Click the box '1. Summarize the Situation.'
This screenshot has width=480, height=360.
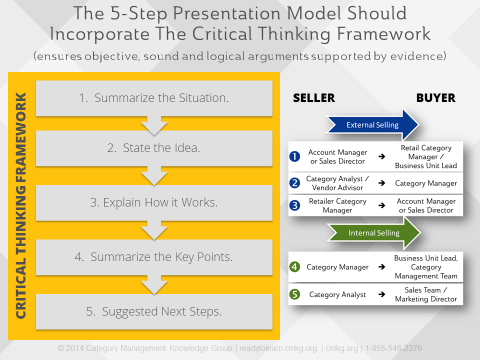[x=154, y=99]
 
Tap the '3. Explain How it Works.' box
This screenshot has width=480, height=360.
[x=154, y=202]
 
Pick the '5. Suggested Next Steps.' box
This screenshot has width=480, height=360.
[x=154, y=311]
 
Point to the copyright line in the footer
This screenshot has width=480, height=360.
[x=240, y=348]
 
